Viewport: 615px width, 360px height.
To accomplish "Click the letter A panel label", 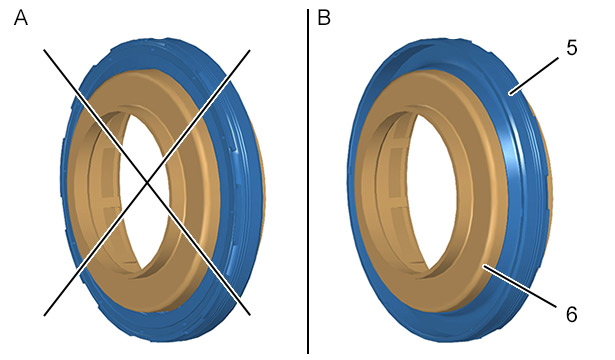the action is point(21,18).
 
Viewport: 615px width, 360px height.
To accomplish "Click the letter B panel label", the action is point(324,18).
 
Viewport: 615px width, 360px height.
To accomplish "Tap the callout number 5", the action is point(571,48).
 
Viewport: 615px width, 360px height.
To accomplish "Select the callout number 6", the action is point(571,314).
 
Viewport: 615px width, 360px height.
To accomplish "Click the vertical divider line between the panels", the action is point(308,181).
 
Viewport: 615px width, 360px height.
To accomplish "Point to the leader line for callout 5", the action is point(534,75).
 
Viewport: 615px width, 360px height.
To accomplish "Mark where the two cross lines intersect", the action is point(147,182).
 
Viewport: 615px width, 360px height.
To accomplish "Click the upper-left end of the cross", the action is point(44,50).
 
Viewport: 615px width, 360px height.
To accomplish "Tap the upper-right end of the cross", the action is point(249,50).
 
